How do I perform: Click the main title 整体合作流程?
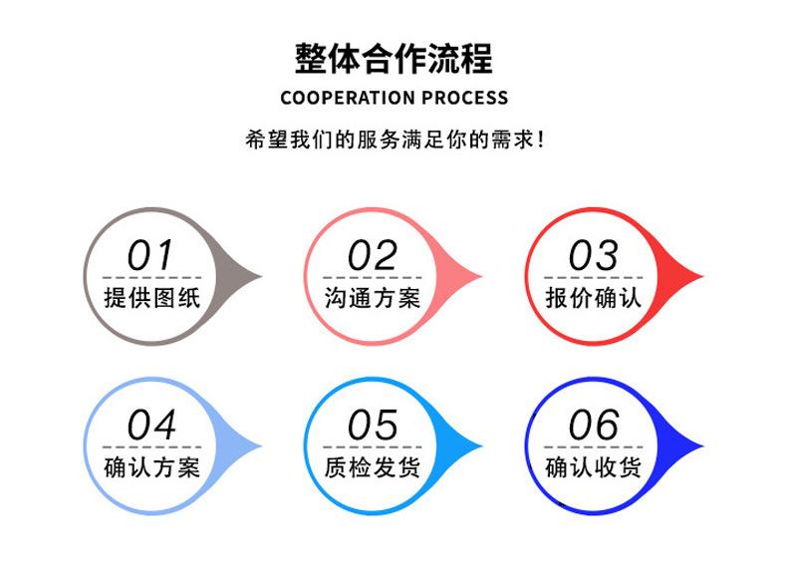(393, 59)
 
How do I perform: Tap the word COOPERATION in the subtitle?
(347, 98)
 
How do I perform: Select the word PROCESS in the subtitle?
(465, 98)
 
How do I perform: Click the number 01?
(150, 255)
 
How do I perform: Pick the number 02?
(372, 255)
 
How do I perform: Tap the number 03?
(593, 255)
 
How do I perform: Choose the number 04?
(151, 425)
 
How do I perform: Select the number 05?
(373, 425)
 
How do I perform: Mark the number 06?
(594, 425)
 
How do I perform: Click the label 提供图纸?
(152, 298)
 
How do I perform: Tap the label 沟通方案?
(373, 298)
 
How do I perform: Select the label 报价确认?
(594, 298)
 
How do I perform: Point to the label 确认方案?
(152, 467)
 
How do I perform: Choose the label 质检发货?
(373, 467)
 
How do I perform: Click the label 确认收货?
(594, 467)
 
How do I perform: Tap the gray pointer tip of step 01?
(261, 276)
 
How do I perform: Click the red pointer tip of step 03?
(703, 276)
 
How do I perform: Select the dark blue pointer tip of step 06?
(703, 445)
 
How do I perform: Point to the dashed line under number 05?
(373, 446)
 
